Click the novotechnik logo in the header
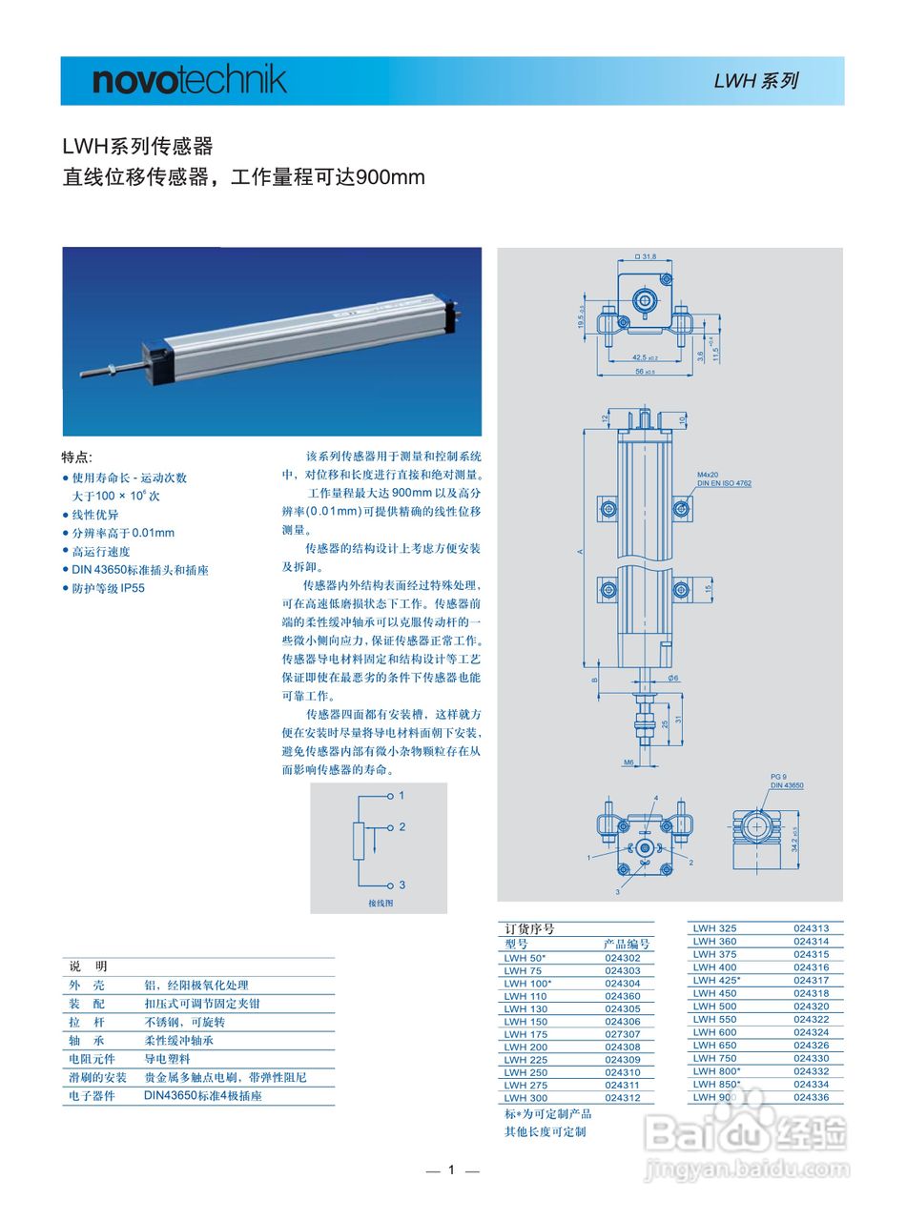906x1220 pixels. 189,80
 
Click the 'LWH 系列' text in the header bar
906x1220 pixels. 755,81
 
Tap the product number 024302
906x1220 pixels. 623,958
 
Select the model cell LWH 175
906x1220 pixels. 525,1034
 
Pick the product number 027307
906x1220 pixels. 623,1034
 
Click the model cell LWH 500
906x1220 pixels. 714,1006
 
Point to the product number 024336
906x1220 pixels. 811,1097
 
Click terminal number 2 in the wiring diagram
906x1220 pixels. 402,826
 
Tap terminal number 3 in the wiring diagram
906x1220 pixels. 402,884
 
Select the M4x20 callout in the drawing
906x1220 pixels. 708,474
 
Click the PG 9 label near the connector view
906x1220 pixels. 778,777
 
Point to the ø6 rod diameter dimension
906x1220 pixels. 673,678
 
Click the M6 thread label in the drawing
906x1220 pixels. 628,762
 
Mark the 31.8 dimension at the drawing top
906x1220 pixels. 648,256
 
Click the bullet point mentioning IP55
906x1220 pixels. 108,588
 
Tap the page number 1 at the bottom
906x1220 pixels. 452,1169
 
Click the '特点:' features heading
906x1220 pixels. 77,457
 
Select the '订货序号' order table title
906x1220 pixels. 529,928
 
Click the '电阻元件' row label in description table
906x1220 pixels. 92,1059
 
